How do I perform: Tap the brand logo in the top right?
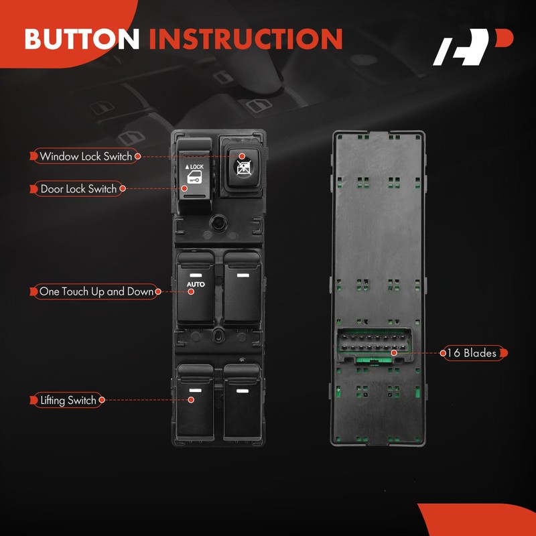pos(472,49)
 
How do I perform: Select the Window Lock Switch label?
pos(86,156)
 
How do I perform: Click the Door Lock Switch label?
pos(78,189)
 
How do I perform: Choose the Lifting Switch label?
pos(68,401)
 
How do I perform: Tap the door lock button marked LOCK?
pos(194,174)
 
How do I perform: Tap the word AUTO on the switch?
pos(195,285)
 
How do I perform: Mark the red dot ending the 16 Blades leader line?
pos(394,352)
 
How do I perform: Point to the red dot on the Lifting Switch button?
pos(191,400)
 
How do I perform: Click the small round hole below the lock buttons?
pos(218,222)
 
